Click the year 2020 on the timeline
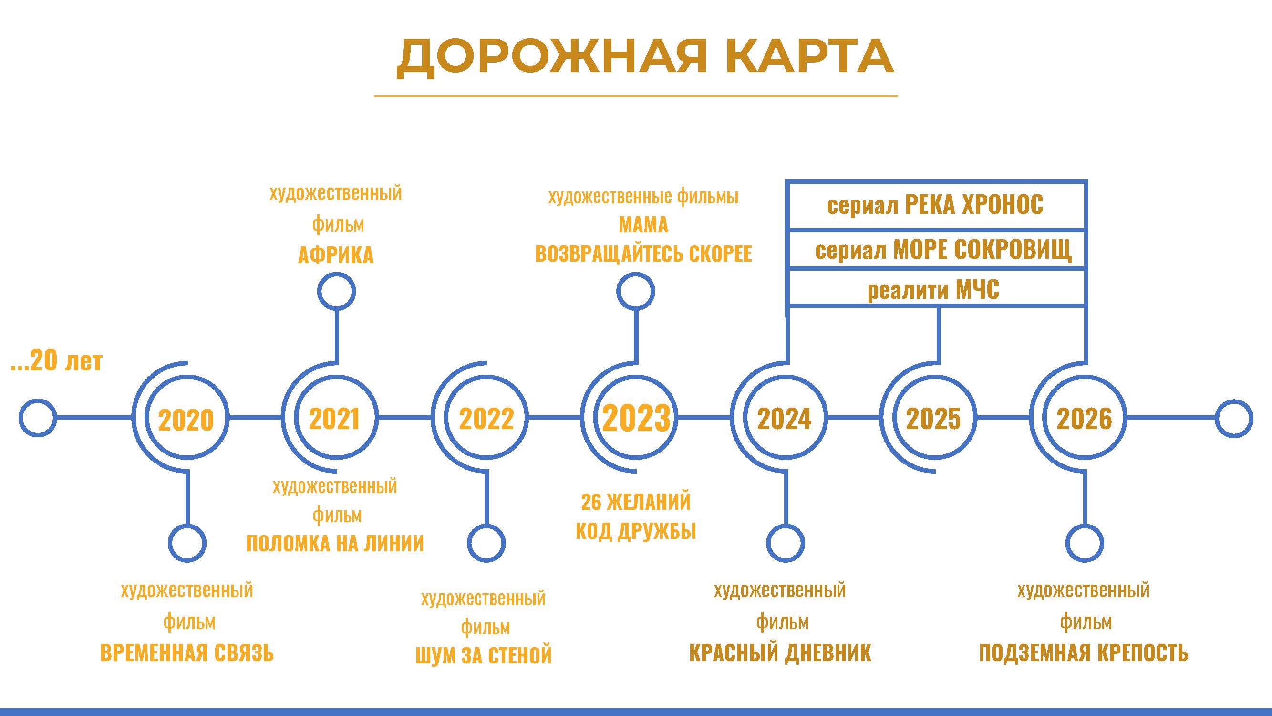tap(186, 419)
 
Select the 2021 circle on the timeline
tap(335, 418)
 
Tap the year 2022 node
tap(486, 418)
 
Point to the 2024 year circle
tap(785, 418)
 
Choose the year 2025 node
tap(933, 418)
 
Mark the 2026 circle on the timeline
tap(1084, 418)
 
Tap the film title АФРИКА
tap(336, 255)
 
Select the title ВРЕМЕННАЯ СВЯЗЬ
tap(186, 653)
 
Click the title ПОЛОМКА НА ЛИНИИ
tap(335, 544)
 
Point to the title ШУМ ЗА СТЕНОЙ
tap(484, 655)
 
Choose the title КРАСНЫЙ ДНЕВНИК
tap(780, 653)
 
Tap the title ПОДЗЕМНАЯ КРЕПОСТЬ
tap(1084, 653)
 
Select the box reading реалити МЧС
tap(936, 289)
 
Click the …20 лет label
tap(57, 361)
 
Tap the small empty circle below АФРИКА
tap(336, 292)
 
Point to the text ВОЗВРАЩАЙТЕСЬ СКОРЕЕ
tap(643, 254)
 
